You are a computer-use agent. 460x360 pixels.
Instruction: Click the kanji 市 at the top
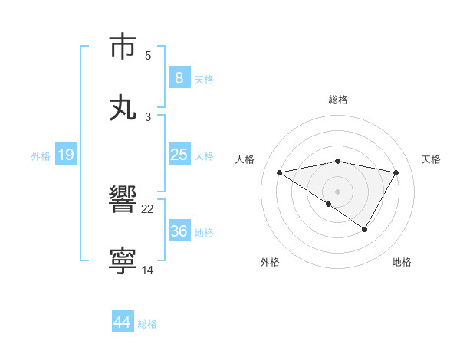click(x=123, y=47)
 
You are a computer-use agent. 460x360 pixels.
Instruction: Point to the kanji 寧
click(x=123, y=261)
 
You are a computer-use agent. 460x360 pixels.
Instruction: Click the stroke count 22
click(x=148, y=208)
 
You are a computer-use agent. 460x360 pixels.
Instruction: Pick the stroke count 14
click(x=148, y=270)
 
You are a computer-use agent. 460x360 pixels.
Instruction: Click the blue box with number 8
click(x=179, y=78)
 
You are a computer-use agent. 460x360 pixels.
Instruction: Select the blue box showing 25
click(x=179, y=155)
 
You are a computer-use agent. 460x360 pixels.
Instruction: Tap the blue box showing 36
click(x=179, y=231)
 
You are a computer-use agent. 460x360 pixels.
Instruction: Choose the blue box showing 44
click(x=123, y=322)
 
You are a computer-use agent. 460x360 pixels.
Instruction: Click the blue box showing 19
click(x=65, y=155)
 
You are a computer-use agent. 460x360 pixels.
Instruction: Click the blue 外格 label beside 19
click(x=41, y=156)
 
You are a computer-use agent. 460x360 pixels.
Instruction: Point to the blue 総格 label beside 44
click(x=147, y=324)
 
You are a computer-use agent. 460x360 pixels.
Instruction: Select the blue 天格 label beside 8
click(x=204, y=80)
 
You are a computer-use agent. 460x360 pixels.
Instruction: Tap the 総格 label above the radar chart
click(x=338, y=100)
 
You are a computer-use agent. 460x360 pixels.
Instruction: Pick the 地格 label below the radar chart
click(x=402, y=262)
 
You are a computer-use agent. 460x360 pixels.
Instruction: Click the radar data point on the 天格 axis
click(x=396, y=172)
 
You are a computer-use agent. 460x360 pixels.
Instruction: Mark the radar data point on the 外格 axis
click(x=328, y=204)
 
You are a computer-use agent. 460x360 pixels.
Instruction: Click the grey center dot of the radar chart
click(x=338, y=191)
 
